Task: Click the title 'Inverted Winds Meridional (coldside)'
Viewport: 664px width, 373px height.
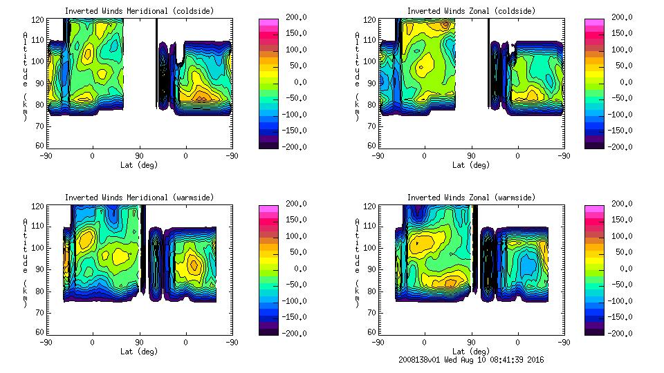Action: tap(139, 11)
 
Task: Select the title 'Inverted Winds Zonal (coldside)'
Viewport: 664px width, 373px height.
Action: tap(471, 11)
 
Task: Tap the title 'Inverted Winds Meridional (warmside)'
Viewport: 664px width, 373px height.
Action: tap(139, 198)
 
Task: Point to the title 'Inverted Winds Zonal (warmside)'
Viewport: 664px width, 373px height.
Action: tap(471, 198)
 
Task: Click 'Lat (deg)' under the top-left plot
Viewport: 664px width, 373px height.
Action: tap(139, 165)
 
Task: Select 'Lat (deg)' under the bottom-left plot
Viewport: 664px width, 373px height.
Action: tap(139, 352)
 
